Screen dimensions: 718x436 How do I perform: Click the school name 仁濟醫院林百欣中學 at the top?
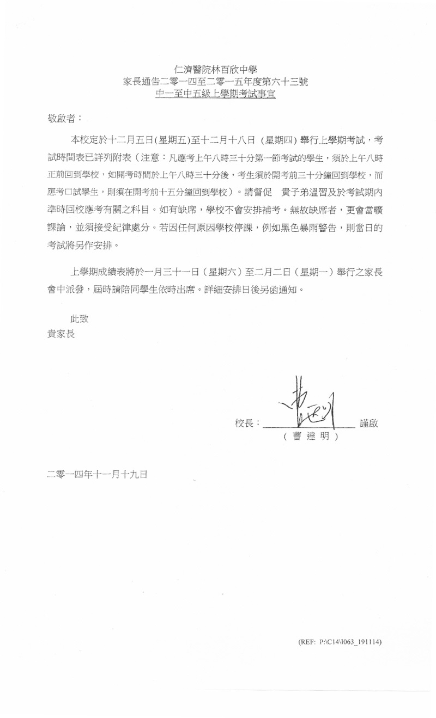(x=215, y=70)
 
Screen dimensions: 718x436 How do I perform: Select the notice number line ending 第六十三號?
(x=215, y=82)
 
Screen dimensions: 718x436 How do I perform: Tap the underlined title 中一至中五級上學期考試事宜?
(x=215, y=95)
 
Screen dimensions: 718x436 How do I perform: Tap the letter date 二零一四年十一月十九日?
(x=97, y=474)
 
